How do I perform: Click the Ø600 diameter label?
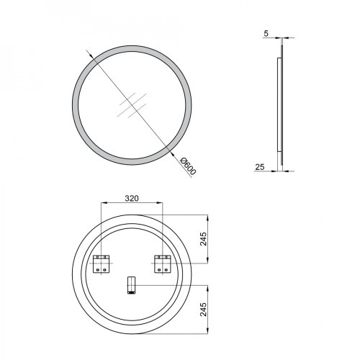[x=189, y=166]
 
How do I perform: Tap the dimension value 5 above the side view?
[x=266, y=34]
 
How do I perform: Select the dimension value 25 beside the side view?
[x=260, y=167]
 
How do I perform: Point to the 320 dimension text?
[x=132, y=198]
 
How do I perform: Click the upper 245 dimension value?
[x=203, y=239]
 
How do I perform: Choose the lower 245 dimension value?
[x=203, y=310]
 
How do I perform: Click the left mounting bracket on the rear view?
[x=101, y=264]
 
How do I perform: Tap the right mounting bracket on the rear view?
[x=162, y=264]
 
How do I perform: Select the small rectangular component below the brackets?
[x=131, y=285]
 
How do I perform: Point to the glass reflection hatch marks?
[x=132, y=105]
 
